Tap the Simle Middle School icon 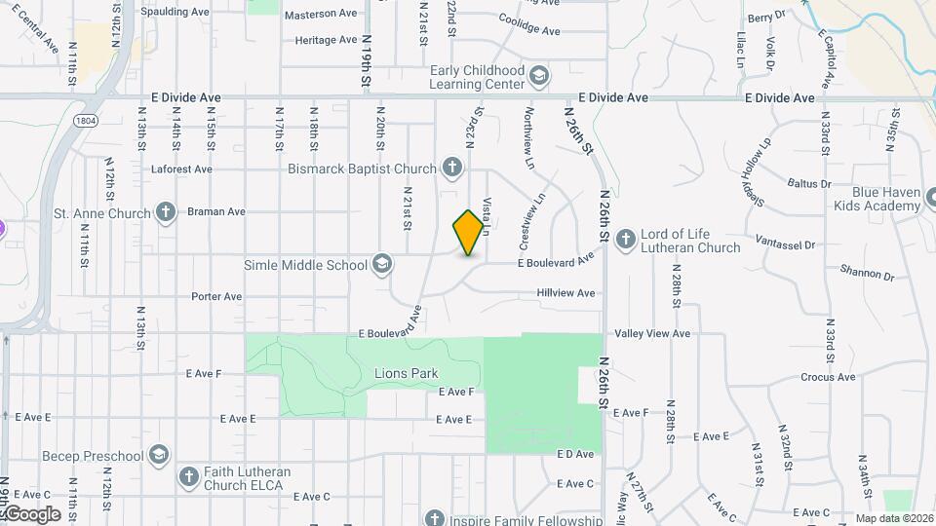pyautogui.click(x=382, y=265)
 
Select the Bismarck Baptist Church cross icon pyautogui.click(x=451, y=169)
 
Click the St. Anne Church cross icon pyautogui.click(x=166, y=212)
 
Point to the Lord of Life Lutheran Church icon pyautogui.click(x=625, y=237)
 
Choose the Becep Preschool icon pyautogui.click(x=159, y=455)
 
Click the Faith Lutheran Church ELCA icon pyautogui.click(x=189, y=476)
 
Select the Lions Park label pyautogui.click(x=406, y=373)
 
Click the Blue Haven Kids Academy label pyautogui.click(x=886, y=201)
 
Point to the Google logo pyautogui.click(x=31, y=513)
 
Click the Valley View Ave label pyautogui.click(x=652, y=333)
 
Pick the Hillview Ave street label pyautogui.click(x=565, y=292)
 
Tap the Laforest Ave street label pyautogui.click(x=182, y=169)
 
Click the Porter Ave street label pyautogui.click(x=216, y=296)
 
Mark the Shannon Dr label pyautogui.click(x=868, y=275)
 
